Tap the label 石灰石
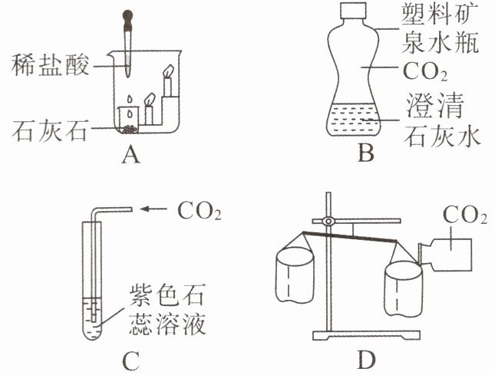point(48,130)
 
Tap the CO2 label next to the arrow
point(199,209)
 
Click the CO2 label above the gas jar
point(466,216)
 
